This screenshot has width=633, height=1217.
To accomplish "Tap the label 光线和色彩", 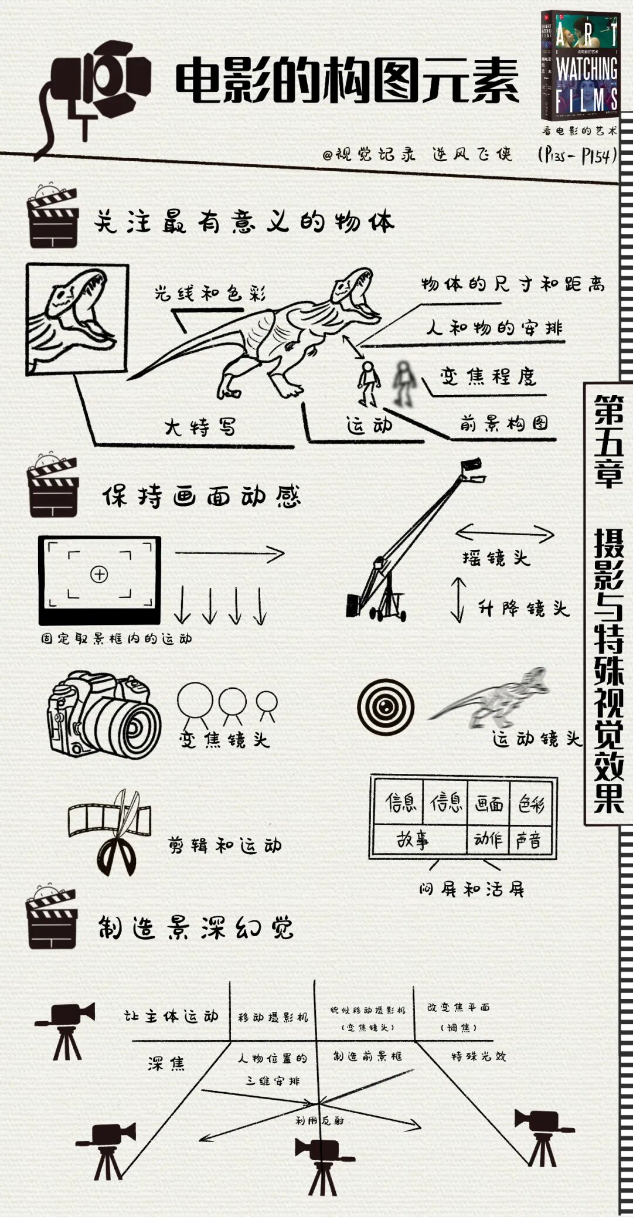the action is [x=210, y=293].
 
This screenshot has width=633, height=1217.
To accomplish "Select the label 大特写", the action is [x=200, y=426].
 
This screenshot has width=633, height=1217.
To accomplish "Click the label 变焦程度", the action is [x=488, y=376].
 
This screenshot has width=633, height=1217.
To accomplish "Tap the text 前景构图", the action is [x=504, y=423].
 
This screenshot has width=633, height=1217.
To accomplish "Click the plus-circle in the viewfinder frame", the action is [x=99, y=574].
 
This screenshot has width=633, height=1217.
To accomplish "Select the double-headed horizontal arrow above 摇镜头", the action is [x=504, y=533].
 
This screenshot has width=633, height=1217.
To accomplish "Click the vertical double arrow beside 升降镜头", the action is [x=458, y=600].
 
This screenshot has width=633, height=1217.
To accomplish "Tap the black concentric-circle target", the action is [x=386, y=707].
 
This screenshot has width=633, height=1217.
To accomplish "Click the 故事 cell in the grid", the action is [x=413, y=840].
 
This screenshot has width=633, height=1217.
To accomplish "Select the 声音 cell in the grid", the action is [x=529, y=840].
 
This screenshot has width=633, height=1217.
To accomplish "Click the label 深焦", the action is [x=166, y=1062].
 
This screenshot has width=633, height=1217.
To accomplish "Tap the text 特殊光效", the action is [x=478, y=1056].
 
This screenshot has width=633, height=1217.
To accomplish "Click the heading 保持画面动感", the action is [x=201, y=497].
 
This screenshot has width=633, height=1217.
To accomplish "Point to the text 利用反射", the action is [x=319, y=1120].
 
